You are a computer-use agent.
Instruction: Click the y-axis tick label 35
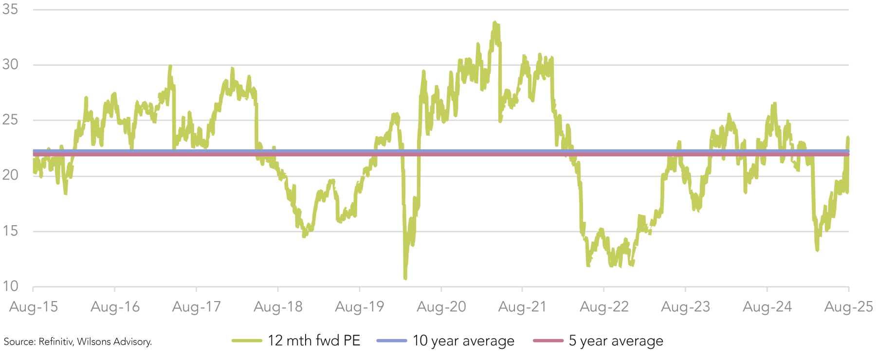click(10, 9)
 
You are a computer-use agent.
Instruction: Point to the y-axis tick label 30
click(10, 64)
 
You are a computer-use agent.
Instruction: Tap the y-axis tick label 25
click(10, 120)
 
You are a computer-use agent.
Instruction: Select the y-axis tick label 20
click(10, 175)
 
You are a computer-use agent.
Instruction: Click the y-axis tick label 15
click(10, 231)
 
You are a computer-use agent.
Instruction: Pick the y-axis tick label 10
click(10, 286)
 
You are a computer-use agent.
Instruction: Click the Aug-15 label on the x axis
click(34, 307)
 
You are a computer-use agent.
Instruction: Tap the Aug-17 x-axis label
click(197, 307)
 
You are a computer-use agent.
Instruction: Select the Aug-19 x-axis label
click(360, 307)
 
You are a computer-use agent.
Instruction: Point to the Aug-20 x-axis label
click(441, 307)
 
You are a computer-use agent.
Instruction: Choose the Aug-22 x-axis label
click(604, 307)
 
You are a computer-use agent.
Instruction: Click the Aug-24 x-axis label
click(767, 307)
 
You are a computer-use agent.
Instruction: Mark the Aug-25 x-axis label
click(849, 307)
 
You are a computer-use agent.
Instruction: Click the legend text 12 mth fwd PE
click(314, 341)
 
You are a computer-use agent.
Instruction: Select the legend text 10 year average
click(463, 341)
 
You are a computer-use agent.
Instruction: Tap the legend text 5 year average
click(616, 341)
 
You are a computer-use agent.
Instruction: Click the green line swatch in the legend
click(247, 341)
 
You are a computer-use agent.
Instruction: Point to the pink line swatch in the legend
click(548, 341)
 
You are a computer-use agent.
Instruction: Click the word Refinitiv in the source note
click(55, 342)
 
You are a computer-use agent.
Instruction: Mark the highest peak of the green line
click(495, 22)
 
